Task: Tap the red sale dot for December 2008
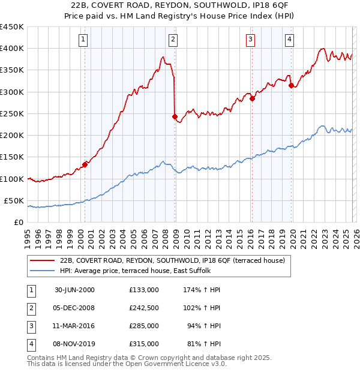click(175, 117)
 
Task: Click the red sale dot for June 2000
click(85, 164)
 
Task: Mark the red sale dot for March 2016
click(252, 98)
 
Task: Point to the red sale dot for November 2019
click(291, 85)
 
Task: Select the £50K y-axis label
click(14, 200)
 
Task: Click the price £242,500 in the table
click(143, 307)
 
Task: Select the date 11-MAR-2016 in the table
click(74, 326)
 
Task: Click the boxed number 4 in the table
click(31, 344)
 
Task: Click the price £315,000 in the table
click(143, 344)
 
